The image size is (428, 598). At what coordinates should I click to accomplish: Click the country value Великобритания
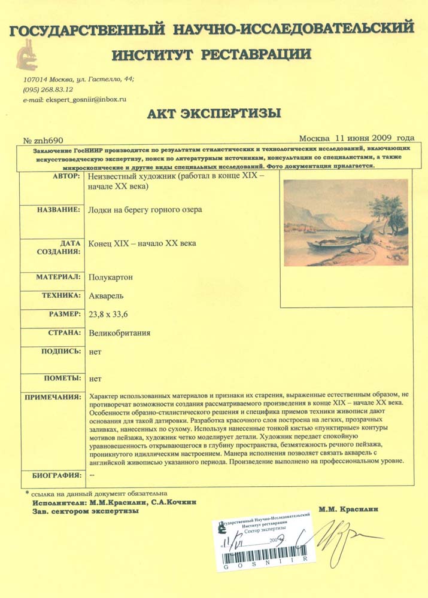click(x=119, y=333)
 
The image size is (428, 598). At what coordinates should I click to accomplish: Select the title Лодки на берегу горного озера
click(x=145, y=210)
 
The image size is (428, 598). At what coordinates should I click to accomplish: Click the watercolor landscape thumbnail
click(x=346, y=222)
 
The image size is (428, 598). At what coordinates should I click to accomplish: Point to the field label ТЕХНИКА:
click(x=60, y=295)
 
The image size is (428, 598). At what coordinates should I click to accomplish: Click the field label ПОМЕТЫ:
click(x=62, y=378)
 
